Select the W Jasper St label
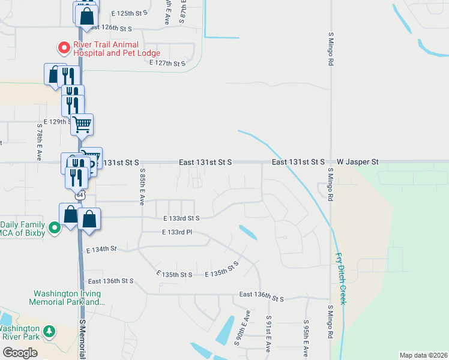[358, 162]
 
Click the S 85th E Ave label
[143, 184]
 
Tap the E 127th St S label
[169, 63]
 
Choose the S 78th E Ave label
[38, 146]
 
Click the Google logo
[20, 352]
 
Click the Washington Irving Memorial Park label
[67, 298]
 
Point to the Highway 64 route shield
[79, 196]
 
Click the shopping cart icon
[82, 124]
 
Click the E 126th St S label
[109, 28]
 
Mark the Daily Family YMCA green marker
[54, 227]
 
